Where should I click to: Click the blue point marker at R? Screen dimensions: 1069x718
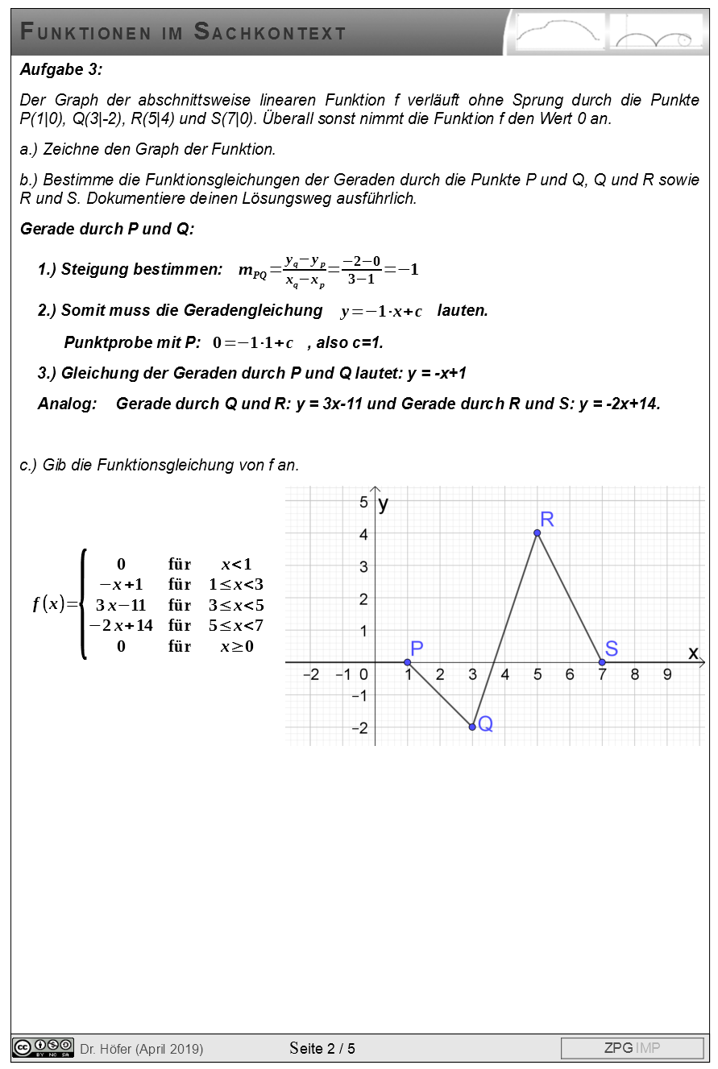[x=537, y=532]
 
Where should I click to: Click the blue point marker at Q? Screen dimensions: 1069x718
[x=472, y=727]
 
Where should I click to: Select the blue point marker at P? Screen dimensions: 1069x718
[x=408, y=662]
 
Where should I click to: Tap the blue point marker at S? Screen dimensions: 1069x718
[x=602, y=662]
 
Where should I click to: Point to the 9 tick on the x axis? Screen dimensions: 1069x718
[x=667, y=675]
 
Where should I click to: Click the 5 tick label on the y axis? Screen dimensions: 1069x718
[x=363, y=502]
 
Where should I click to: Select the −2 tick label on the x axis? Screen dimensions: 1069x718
[x=310, y=675]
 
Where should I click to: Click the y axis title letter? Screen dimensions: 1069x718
[x=384, y=504]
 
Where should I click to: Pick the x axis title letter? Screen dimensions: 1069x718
[x=693, y=653]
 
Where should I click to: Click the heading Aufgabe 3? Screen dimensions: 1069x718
[x=61, y=70]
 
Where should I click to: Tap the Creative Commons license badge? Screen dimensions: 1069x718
[x=44, y=1047]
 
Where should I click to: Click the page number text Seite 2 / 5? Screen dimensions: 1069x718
[x=322, y=1048]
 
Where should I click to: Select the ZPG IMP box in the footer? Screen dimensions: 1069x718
[x=632, y=1048]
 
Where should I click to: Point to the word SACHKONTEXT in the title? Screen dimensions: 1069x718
[x=270, y=32]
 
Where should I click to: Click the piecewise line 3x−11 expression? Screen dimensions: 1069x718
[x=121, y=605]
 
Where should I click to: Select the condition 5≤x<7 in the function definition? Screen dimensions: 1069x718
[x=236, y=626]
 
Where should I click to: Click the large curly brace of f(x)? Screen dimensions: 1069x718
[x=83, y=604]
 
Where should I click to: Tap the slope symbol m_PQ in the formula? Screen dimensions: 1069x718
[x=253, y=271]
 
